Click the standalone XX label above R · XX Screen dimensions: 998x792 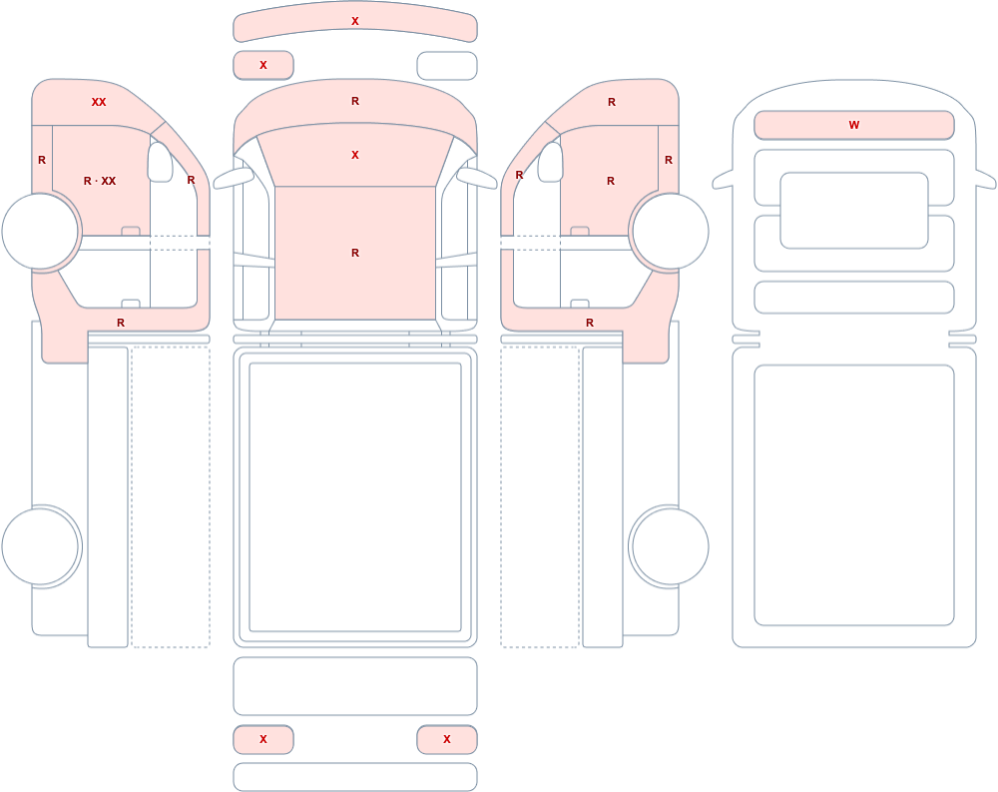pyautogui.click(x=99, y=102)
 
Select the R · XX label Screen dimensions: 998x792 pyautogui.click(x=100, y=181)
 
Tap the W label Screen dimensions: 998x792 pyautogui.click(x=854, y=125)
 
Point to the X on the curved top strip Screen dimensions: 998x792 pyautogui.click(x=355, y=21)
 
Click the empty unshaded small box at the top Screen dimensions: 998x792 pyautogui.click(x=447, y=66)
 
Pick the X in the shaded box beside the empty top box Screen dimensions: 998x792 pyautogui.click(x=263, y=65)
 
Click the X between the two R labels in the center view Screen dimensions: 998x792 pyautogui.click(x=355, y=155)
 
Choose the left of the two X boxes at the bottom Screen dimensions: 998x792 pyautogui.click(x=263, y=739)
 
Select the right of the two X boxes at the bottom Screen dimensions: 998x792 pyautogui.click(x=447, y=739)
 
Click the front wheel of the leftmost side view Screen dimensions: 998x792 pyautogui.click(x=41, y=231)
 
